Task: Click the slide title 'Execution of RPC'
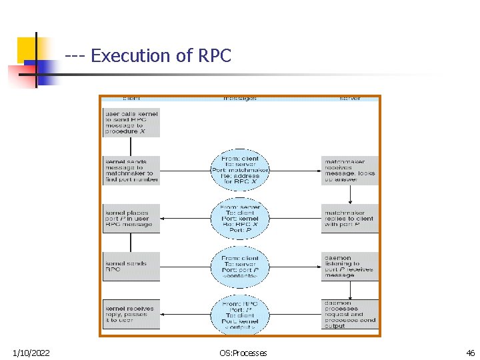[161, 56]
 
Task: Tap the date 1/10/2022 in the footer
[31, 353]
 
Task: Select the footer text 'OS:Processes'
[243, 353]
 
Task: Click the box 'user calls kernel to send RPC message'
[131, 123]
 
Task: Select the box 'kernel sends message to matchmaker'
[131, 171]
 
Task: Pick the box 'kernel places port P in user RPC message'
[131, 219]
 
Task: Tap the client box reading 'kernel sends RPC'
[131, 267]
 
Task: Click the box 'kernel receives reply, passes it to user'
[131, 314]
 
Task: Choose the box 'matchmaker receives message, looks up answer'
[349, 171]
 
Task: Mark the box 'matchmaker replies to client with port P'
[349, 219]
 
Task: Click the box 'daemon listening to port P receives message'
[349, 267]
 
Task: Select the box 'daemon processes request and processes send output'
[349, 314]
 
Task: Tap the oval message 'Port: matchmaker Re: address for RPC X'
[240, 170]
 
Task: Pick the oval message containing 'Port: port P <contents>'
[240, 267]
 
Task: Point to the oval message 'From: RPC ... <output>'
[240, 314]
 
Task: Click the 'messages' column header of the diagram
[240, 99]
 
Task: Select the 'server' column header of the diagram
[349, 99]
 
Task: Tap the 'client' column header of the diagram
[131, 99]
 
